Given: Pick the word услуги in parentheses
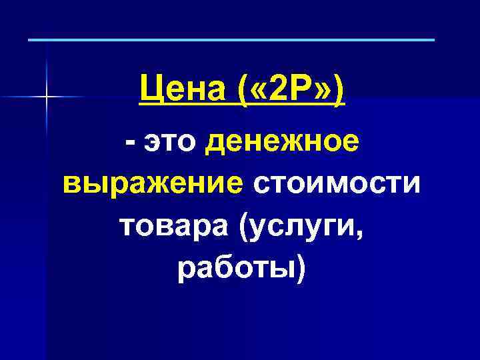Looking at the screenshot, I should coord(305,225).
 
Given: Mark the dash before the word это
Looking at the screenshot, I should coord(132,143).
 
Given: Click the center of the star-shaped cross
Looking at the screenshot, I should coord(47,98).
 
